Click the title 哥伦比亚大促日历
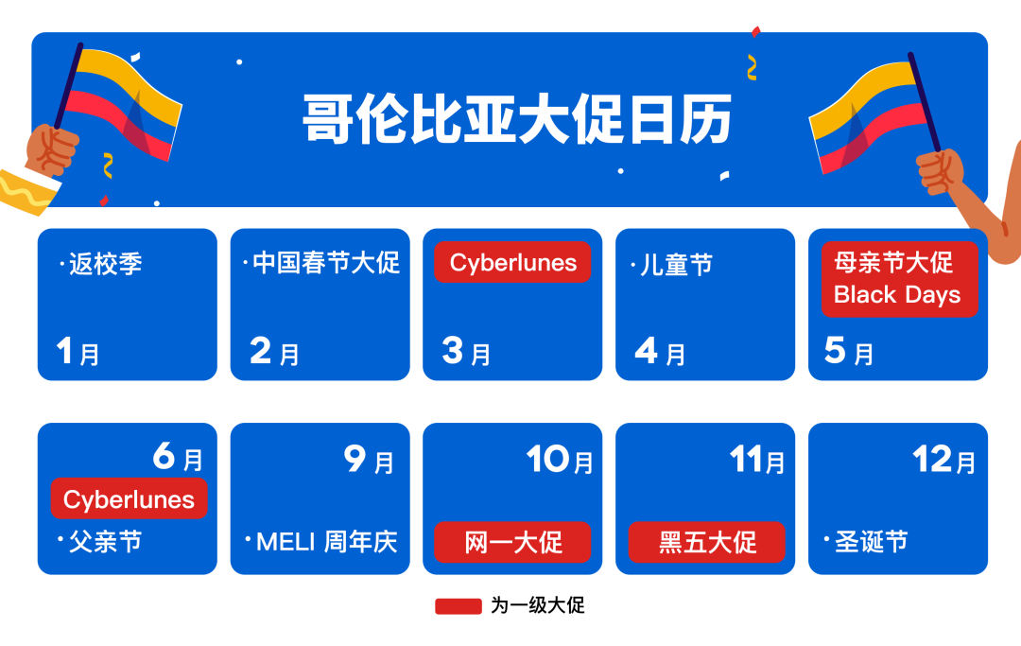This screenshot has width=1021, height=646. pyautogui.click(x=516, y=119)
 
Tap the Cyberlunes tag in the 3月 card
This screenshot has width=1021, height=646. pyautogui.click(x=512, y=262)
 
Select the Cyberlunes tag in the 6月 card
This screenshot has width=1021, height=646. pyautogui.click(x=129, y=498)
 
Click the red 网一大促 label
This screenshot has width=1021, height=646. pyautogui.click(x=512, y=542)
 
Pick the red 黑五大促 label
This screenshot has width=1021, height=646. pyautogui.click(x=707, y=542)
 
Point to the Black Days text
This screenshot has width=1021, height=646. pyautogui.click(x=896, y=294)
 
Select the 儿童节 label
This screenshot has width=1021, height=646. pyautogui.click(x=676, y=264)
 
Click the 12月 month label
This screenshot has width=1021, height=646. pyautogui.click(x=943, y=461)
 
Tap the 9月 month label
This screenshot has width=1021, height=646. pyautogui.click(x=369, y=461)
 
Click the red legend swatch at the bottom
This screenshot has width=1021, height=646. pyautogui.click(x=459, y=606)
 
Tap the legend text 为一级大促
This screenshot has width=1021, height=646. pyautogui.click(x=537, y=606)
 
